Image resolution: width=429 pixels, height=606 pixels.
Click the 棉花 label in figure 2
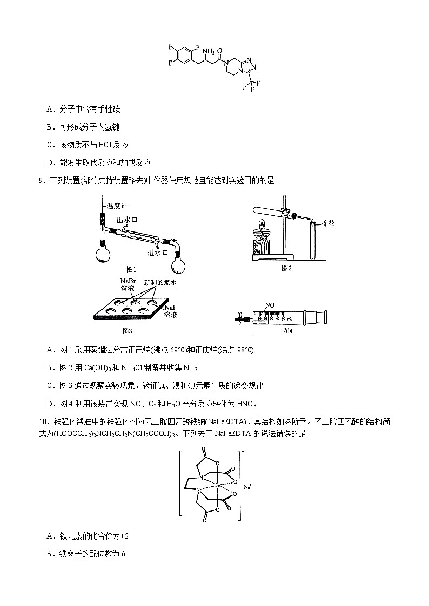click(328, 223)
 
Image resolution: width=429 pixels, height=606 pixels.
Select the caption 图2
click(286, 268)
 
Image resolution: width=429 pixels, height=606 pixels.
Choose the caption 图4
click(287, 331)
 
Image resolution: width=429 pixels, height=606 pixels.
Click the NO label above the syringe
click(269, 306)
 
